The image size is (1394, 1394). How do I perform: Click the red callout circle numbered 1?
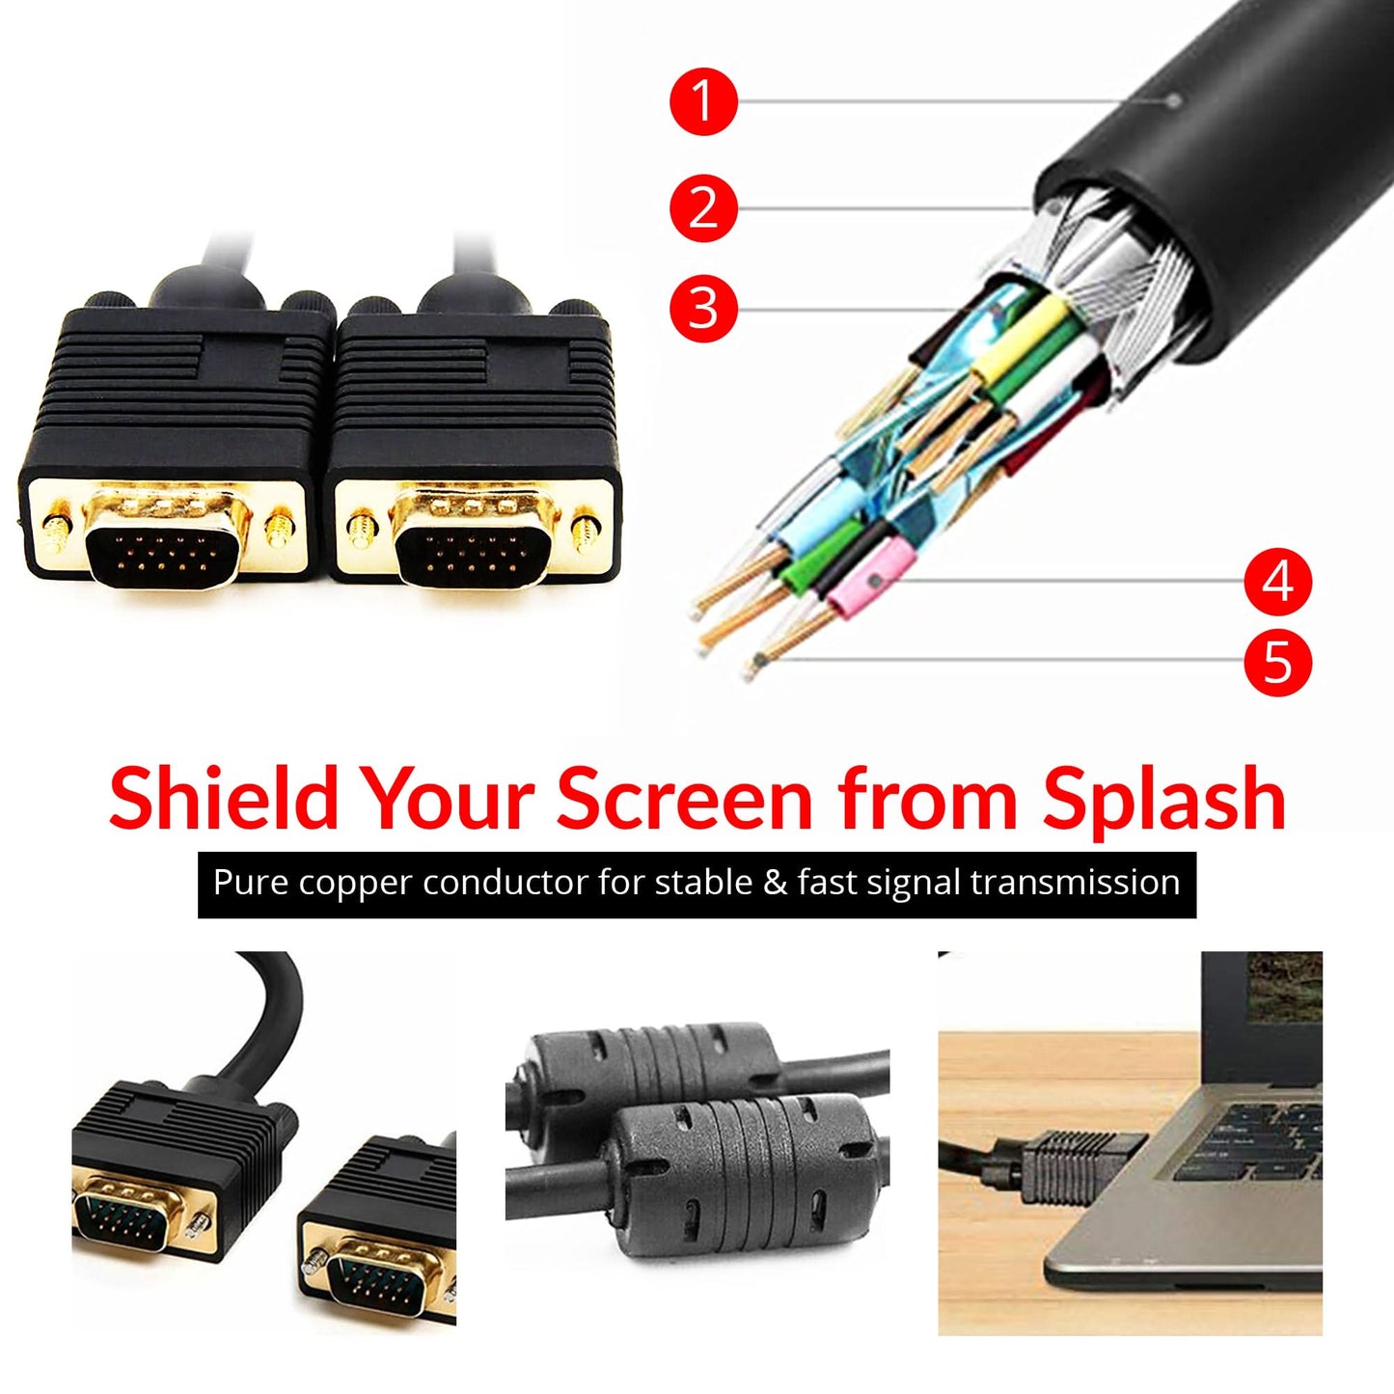coord(703,100)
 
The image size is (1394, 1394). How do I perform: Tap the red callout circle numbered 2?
coord(703,207)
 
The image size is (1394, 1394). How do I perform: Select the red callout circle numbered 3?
coord(703,309)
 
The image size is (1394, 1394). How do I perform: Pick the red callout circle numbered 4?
coord(1277,582)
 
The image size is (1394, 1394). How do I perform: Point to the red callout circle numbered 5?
coord(1277,662)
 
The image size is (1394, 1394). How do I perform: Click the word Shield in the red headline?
coord(223,799)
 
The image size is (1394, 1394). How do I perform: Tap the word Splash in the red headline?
coord(1164,799)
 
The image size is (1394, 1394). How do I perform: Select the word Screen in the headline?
coord(686,799)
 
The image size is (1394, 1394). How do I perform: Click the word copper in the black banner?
coord(356,884)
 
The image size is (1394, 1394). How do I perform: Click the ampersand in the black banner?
coord(775,884)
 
